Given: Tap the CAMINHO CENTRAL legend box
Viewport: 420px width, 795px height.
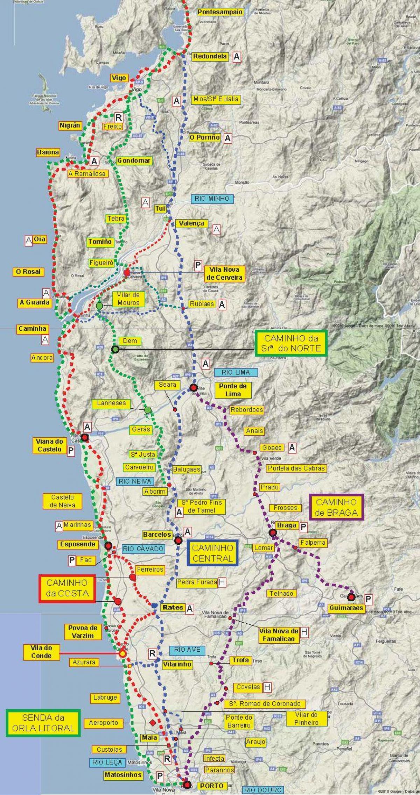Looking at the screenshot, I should (212, 553).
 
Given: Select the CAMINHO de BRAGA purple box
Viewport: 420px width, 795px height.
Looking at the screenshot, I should (336, 507).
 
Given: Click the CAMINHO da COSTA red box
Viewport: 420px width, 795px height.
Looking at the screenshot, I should (67, 589).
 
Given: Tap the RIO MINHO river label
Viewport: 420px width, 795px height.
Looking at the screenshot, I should (212, 199).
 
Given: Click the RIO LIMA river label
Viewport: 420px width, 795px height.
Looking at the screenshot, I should (236, 372).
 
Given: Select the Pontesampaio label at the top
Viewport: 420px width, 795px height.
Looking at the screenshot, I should (220, 12).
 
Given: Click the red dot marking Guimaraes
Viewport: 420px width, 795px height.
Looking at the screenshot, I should (351, 597).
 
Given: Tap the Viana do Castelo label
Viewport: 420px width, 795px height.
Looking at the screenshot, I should (49, 445).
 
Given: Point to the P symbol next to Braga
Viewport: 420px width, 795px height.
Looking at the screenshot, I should (303, 527).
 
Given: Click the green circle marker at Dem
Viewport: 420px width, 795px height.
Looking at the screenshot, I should (115, 349).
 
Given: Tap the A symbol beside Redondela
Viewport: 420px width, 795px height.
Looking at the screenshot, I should (237, 57).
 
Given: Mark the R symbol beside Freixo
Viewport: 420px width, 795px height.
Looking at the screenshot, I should (119, 117).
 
